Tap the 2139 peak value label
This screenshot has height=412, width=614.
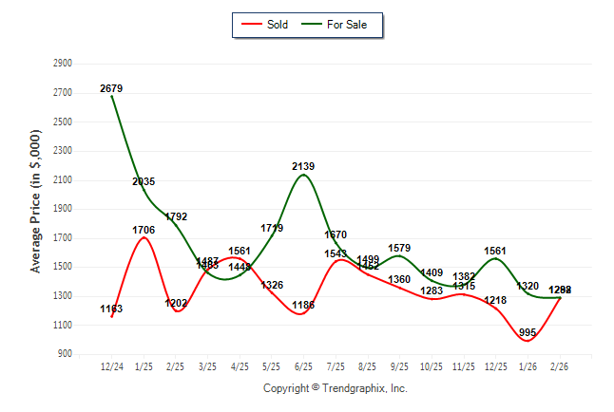pos(303,166)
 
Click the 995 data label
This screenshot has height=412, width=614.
pos(528,332)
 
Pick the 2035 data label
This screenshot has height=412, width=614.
pos(144,181)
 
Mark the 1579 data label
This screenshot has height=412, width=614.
pos(399,249)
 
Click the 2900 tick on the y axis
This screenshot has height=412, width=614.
pos(63,64)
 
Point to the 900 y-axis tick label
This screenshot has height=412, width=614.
pos(66,354)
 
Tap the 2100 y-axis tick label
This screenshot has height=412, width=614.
pos(63,180)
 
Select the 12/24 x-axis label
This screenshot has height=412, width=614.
pos(111,366)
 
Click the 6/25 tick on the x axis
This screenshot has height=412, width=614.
pos(303,366)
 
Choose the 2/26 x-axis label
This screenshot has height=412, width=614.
pos(560,366)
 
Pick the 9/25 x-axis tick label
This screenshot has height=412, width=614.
pos(399,366)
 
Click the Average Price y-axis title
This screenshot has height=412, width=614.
pos(35,209)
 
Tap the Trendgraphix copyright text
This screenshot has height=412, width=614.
pos(335,388)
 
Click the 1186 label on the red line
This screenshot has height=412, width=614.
pos(303,305)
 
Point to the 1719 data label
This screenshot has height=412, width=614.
pos(272,228)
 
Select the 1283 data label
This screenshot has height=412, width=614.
pos(432,290)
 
